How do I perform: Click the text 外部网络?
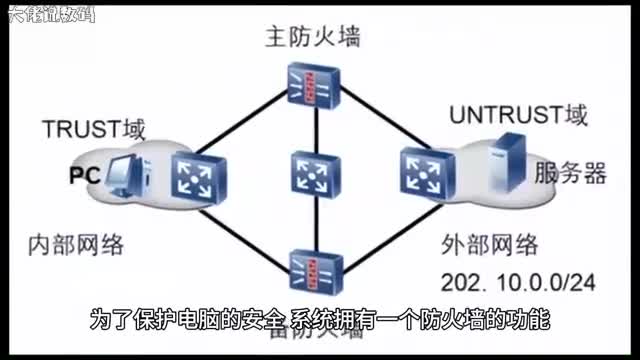tap(490, 246)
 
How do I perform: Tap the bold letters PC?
tap(82, 176)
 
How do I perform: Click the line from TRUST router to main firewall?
tap(250, 127)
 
